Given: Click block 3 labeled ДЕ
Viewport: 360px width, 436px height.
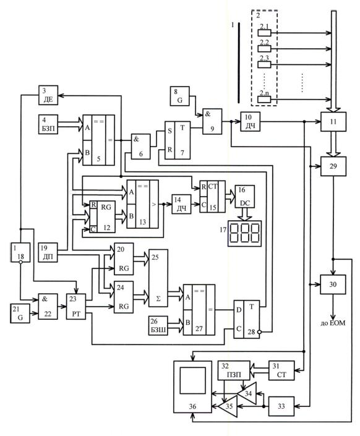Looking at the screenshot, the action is (x=48, y=95).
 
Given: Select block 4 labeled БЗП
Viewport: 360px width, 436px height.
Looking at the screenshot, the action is (x=48, y=124).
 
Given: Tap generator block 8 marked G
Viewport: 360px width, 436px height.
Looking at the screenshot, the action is (x=180, y=96).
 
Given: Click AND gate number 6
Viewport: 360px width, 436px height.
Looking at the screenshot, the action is (x=141, y=147).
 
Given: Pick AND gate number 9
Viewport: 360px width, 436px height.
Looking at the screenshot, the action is (x=212, y=121).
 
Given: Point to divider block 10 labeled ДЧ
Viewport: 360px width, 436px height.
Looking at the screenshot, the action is (x=251, y=122).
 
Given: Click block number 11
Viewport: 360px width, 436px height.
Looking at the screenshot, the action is (x=333, y=122).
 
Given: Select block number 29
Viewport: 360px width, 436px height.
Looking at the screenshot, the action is (x=333, y=166).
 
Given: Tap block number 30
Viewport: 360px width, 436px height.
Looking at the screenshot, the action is (x=333, y=284).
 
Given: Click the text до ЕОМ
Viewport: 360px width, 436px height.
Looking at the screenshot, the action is (x=333, y=323).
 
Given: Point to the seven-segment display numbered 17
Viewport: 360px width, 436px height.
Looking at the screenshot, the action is (x=245, y=234).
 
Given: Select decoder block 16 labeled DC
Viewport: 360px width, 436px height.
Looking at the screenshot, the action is (x=245, y=197).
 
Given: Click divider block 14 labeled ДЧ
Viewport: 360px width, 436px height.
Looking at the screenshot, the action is (x=181, y=204).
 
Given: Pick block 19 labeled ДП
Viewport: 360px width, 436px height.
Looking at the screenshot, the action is (x=48, y=252).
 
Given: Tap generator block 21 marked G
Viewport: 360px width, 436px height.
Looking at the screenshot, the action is (x=20, y=314).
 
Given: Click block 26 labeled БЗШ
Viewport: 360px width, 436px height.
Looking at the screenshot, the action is (x=158, y=326).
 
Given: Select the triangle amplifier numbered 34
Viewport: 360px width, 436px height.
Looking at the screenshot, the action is (x=248, y=393).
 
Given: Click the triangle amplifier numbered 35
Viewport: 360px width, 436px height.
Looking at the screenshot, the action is (x=229, y=406).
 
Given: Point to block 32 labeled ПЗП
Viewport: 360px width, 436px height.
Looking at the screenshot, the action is (x=234, y=370).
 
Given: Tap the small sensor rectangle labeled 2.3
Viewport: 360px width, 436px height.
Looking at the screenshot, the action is (x=264, y=64).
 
